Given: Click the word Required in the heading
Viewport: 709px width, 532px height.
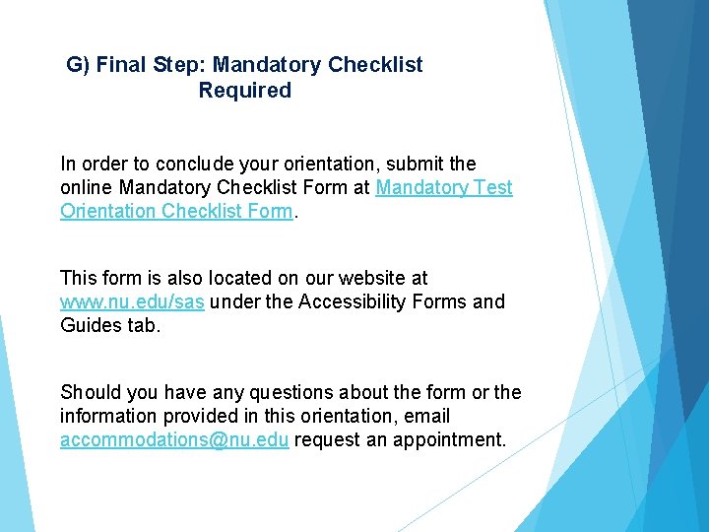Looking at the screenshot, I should (244, 91).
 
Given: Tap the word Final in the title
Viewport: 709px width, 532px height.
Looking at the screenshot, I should (123, 65).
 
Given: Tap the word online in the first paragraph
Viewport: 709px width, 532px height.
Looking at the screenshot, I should (88, 187).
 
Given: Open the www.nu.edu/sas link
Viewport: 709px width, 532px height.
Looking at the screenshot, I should (132, 301).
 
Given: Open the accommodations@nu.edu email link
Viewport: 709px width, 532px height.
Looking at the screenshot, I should (174, 439).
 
